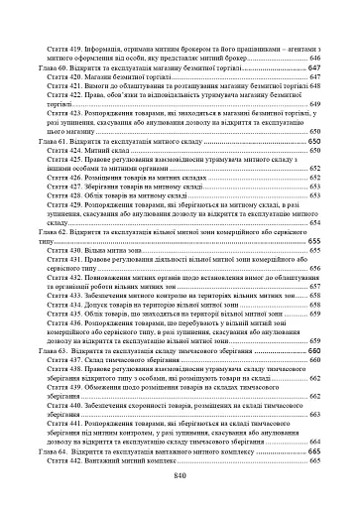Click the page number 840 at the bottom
(x=180, y=475)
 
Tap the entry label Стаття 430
(x=81, y=252)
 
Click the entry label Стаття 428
(x=81, y=197)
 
